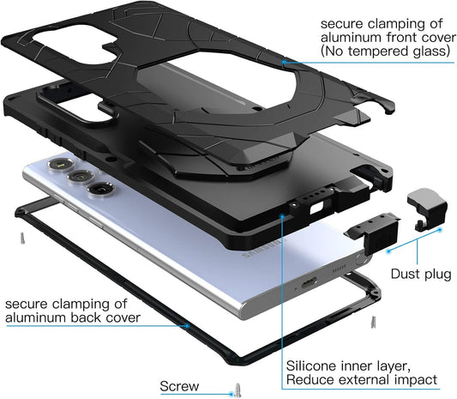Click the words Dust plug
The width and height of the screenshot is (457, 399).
click(x=421, y=275)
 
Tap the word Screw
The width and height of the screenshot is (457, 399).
click(x=179, y=386)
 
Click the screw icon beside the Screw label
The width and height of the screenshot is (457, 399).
click(x=238, y=390)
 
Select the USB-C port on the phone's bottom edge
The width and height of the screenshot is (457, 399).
click(x=309, y=282)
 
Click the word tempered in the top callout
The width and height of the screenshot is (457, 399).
click(x=373, y=52)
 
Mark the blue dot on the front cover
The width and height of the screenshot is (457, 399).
click(x=283, y=62)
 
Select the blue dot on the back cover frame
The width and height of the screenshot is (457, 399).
click(x=188, y=325)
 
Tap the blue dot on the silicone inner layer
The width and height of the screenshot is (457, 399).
click(x=281, y=215)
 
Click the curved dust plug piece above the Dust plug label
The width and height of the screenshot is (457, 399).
click(x=427, y=209)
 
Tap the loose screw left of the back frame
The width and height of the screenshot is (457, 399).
click(x=22, y=238)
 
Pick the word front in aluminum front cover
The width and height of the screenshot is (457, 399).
click(x=402, y=38)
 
